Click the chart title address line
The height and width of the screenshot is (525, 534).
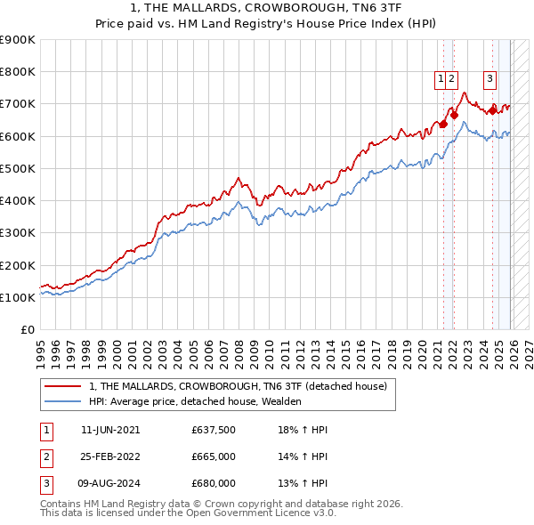click(267, 9)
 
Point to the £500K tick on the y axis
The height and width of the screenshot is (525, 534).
click(18, 168)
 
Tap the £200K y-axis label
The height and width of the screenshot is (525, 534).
click(18, 265)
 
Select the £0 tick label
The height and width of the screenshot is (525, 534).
click(28, 330)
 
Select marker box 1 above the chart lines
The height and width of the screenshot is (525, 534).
click(441, 79)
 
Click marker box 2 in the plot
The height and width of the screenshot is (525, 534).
click(452, 79)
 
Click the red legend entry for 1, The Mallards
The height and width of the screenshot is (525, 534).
click(238, 387)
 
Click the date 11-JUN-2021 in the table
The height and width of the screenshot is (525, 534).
click(110, 430)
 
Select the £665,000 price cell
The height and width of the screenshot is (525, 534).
click(214, 456)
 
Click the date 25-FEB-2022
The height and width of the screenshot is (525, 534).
click(110, 456)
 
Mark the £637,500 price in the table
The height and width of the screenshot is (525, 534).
click(214, 430)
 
